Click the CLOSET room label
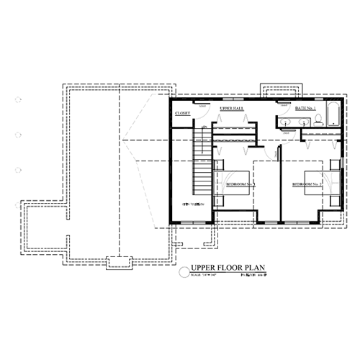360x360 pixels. pos(182,113)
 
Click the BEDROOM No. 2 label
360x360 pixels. pos(306,185)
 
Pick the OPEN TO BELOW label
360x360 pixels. pos(193,204)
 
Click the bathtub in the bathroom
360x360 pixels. pos(334,117)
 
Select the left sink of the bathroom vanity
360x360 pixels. pos(287,123)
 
